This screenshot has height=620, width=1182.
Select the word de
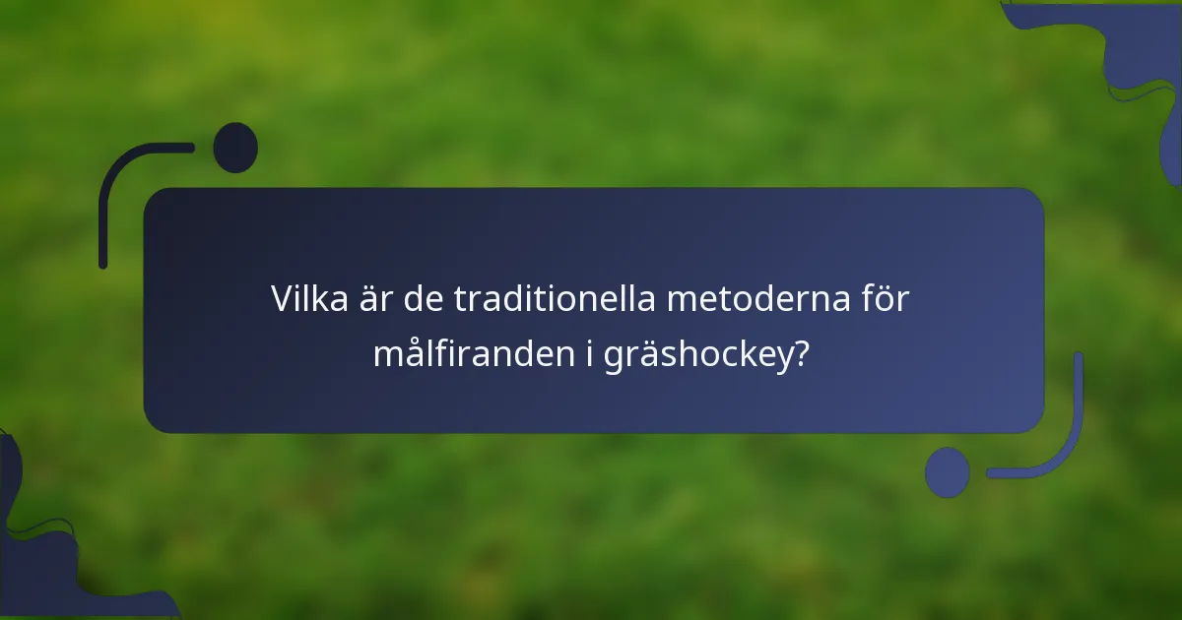(x=421, y=299)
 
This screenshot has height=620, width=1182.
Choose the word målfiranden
(x=468, y=354)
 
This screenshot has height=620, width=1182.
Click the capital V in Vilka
(x=284, y=299)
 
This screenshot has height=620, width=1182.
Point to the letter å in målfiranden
(x=412, y=352)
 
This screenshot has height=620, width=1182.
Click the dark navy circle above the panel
(x=235, y=148)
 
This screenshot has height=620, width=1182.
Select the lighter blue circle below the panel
(x=948, y=471)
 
